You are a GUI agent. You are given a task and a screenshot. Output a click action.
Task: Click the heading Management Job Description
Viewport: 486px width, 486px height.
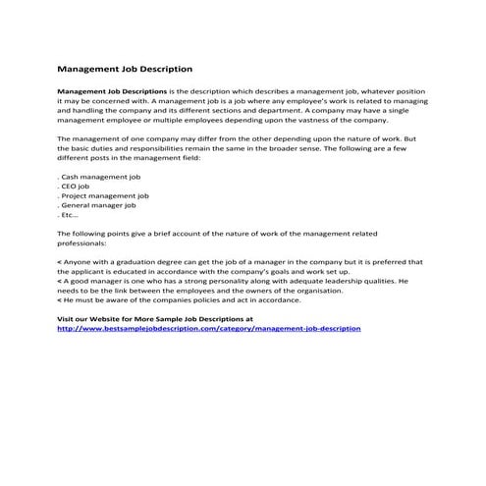coord(124,70)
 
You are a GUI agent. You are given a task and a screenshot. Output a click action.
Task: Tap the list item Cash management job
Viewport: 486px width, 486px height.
coord(100,178)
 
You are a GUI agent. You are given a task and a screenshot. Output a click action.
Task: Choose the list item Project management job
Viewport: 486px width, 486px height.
coord(105,197)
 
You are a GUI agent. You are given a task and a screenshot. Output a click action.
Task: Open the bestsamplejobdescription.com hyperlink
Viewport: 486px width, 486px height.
coord(209,328)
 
